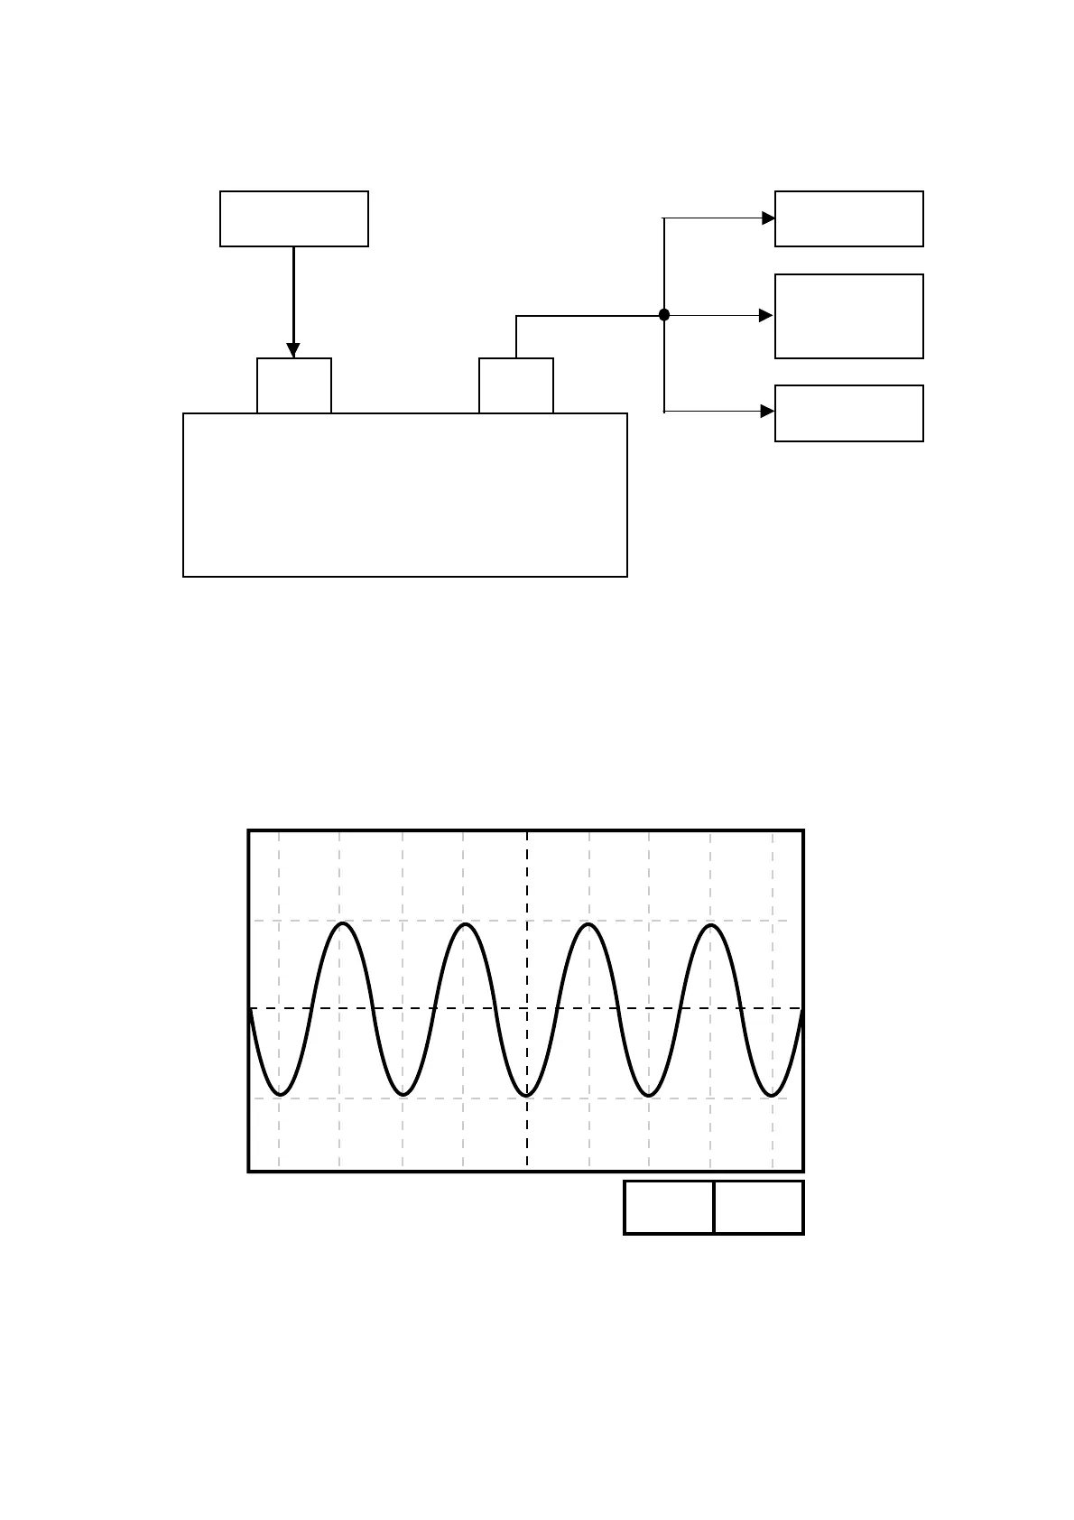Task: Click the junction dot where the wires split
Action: coord(664,315)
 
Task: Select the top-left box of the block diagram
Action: coord(294,218)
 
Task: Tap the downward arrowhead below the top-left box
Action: coord(293,350)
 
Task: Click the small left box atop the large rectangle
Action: coord(294,385)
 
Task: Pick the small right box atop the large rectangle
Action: coord(516,385)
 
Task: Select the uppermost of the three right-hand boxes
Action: coord(849,218)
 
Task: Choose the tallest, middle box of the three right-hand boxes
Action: coord(849,316)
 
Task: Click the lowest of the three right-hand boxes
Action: coord(849,413)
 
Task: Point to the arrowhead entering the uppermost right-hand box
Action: coord(768,218)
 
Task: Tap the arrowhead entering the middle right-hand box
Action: coord(767,315)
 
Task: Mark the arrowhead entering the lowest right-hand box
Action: coord(768,412)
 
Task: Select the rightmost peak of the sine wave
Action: coord(712,926)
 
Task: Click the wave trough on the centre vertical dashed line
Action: coord(527,1095)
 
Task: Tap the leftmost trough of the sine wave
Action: coord(281,1095)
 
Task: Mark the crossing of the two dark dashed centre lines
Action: coord(527,1008)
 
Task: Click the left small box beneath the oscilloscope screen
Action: coord(669,1207)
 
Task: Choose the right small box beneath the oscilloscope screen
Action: coord(759,1207)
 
